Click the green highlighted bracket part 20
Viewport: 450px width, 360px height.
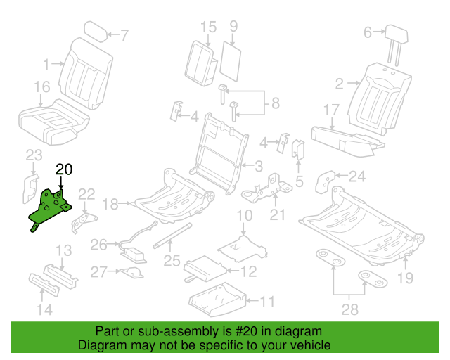(x=51, y=208)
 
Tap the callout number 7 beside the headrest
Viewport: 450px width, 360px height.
(x=124, y=34)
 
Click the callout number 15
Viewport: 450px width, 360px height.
(x=208, y=27)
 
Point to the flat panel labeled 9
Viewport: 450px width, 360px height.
(x=230, y=60)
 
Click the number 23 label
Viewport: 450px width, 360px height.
(x=34, y=155)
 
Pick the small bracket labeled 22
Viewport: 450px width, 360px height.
(x=82, y=219)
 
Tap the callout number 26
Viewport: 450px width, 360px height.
(x=99, y=245)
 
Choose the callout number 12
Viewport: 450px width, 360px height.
(x=248, y=271)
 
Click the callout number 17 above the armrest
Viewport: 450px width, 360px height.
(x=332, y=110)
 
